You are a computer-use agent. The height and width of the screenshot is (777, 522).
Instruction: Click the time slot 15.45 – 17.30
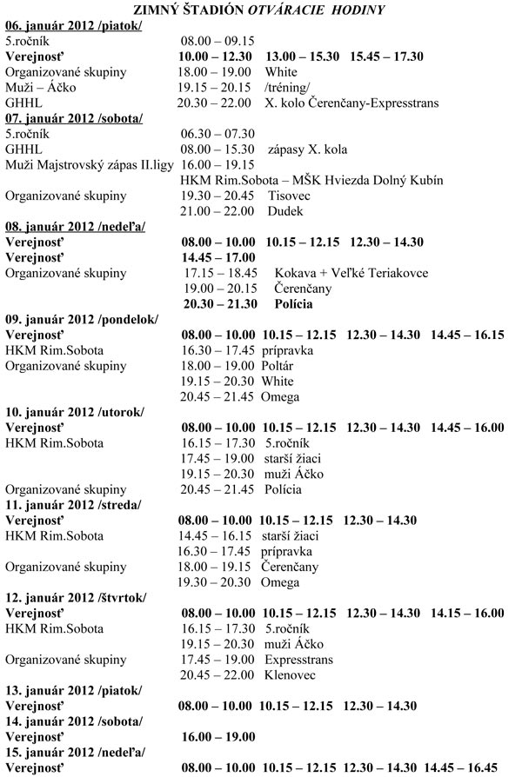[386, 56]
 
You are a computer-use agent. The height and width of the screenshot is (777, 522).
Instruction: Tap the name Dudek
[284, 211]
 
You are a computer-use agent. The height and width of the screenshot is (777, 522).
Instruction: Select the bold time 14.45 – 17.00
[218, 257]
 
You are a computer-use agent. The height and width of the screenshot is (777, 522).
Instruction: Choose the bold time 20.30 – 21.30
[220, 304]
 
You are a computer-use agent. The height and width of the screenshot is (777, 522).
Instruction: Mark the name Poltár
[282, 366]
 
